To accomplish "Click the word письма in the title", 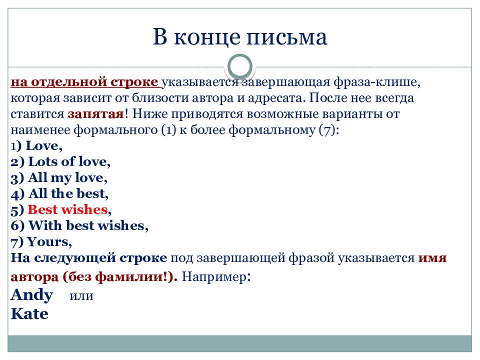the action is [287, 36].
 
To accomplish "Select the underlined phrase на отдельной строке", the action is [85, 82].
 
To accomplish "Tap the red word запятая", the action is [96, 114].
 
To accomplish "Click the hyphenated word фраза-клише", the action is [375, 82].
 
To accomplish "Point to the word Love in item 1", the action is [42, 145].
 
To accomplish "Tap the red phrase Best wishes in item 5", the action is [67, 209].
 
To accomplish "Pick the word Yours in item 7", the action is [48, 242].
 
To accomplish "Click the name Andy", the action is [32, 295].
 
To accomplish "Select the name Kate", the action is [29, 314].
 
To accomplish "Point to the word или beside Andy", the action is [81, 296].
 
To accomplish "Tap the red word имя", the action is [432, 258].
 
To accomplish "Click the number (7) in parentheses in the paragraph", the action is [327, 130].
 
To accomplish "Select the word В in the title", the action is [160, 36].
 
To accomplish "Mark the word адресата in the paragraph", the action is [274, 98].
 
